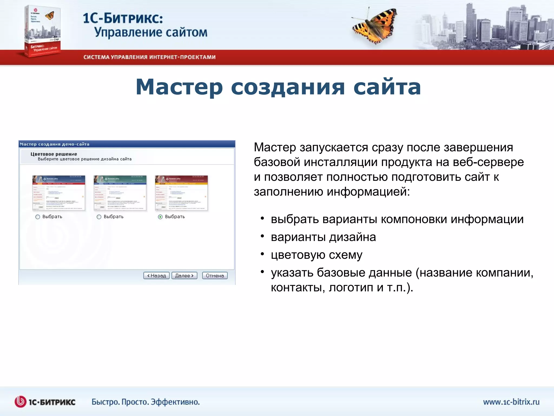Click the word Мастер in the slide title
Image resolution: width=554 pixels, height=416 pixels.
(x=179, y=87)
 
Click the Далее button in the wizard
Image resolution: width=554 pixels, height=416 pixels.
(x=184, y=275)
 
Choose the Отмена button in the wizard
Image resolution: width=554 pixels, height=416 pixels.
(x=215, y=275)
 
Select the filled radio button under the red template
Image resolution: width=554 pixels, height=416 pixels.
(x=160, y=217)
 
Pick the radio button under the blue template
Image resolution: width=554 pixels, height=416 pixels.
(x=38, y=217)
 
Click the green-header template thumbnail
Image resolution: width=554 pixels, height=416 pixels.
(x=120, y=193)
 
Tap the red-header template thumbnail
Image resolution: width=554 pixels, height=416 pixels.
(x=181, y=193)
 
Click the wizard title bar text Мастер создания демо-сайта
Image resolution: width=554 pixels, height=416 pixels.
(x=54, y=144)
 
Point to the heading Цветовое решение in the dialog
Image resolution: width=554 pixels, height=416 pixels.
(x=54, y=154)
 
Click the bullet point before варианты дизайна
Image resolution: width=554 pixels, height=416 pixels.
(x=262, y=236)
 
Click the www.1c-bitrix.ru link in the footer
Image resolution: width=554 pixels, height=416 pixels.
(x=511, y=402)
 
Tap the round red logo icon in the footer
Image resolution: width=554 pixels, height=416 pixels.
(x=21, y=402)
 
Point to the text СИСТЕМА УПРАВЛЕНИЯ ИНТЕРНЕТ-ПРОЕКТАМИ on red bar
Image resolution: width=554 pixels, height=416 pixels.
(x=149, y=57)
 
